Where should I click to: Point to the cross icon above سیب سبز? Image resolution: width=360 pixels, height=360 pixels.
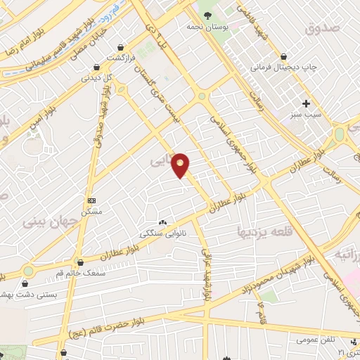click(306, 103)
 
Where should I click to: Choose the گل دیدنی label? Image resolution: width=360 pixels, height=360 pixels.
click(98, 78)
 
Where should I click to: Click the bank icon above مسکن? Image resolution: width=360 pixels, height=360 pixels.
click(91, 200)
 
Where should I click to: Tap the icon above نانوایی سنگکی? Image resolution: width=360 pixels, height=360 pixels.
click(162, 221)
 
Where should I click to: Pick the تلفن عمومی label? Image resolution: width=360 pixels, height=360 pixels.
click(314, 340)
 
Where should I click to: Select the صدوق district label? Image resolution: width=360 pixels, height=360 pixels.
click(323, 28)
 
